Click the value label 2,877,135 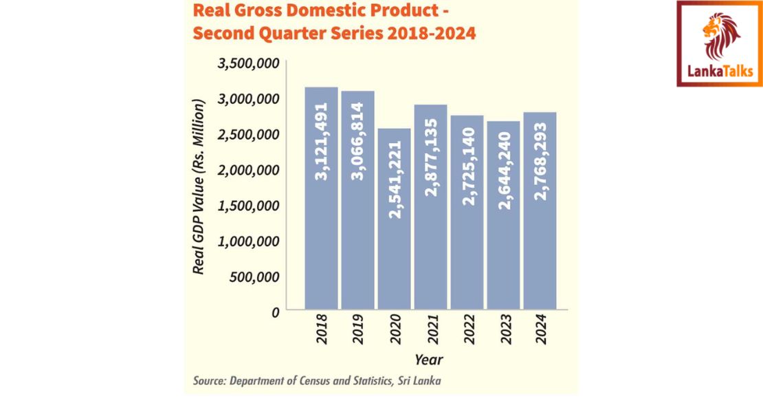(431, 158)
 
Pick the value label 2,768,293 (540, 162)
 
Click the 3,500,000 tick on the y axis (248, 63)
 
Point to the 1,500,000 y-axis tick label (248, 206)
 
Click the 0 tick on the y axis (274, 312)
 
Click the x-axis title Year (428, 359)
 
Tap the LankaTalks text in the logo (720, 70)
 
